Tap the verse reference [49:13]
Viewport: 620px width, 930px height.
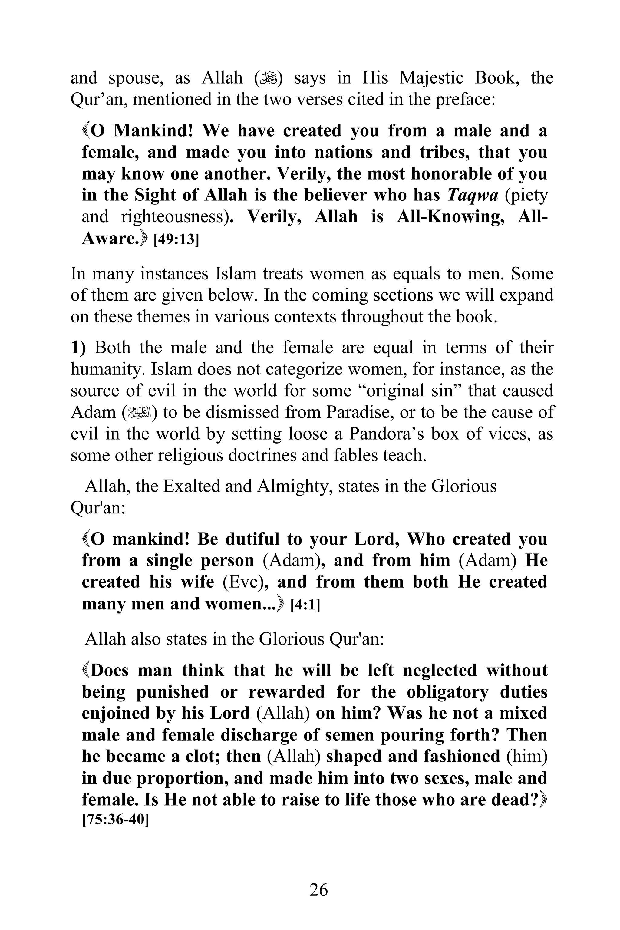(176, 239)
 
